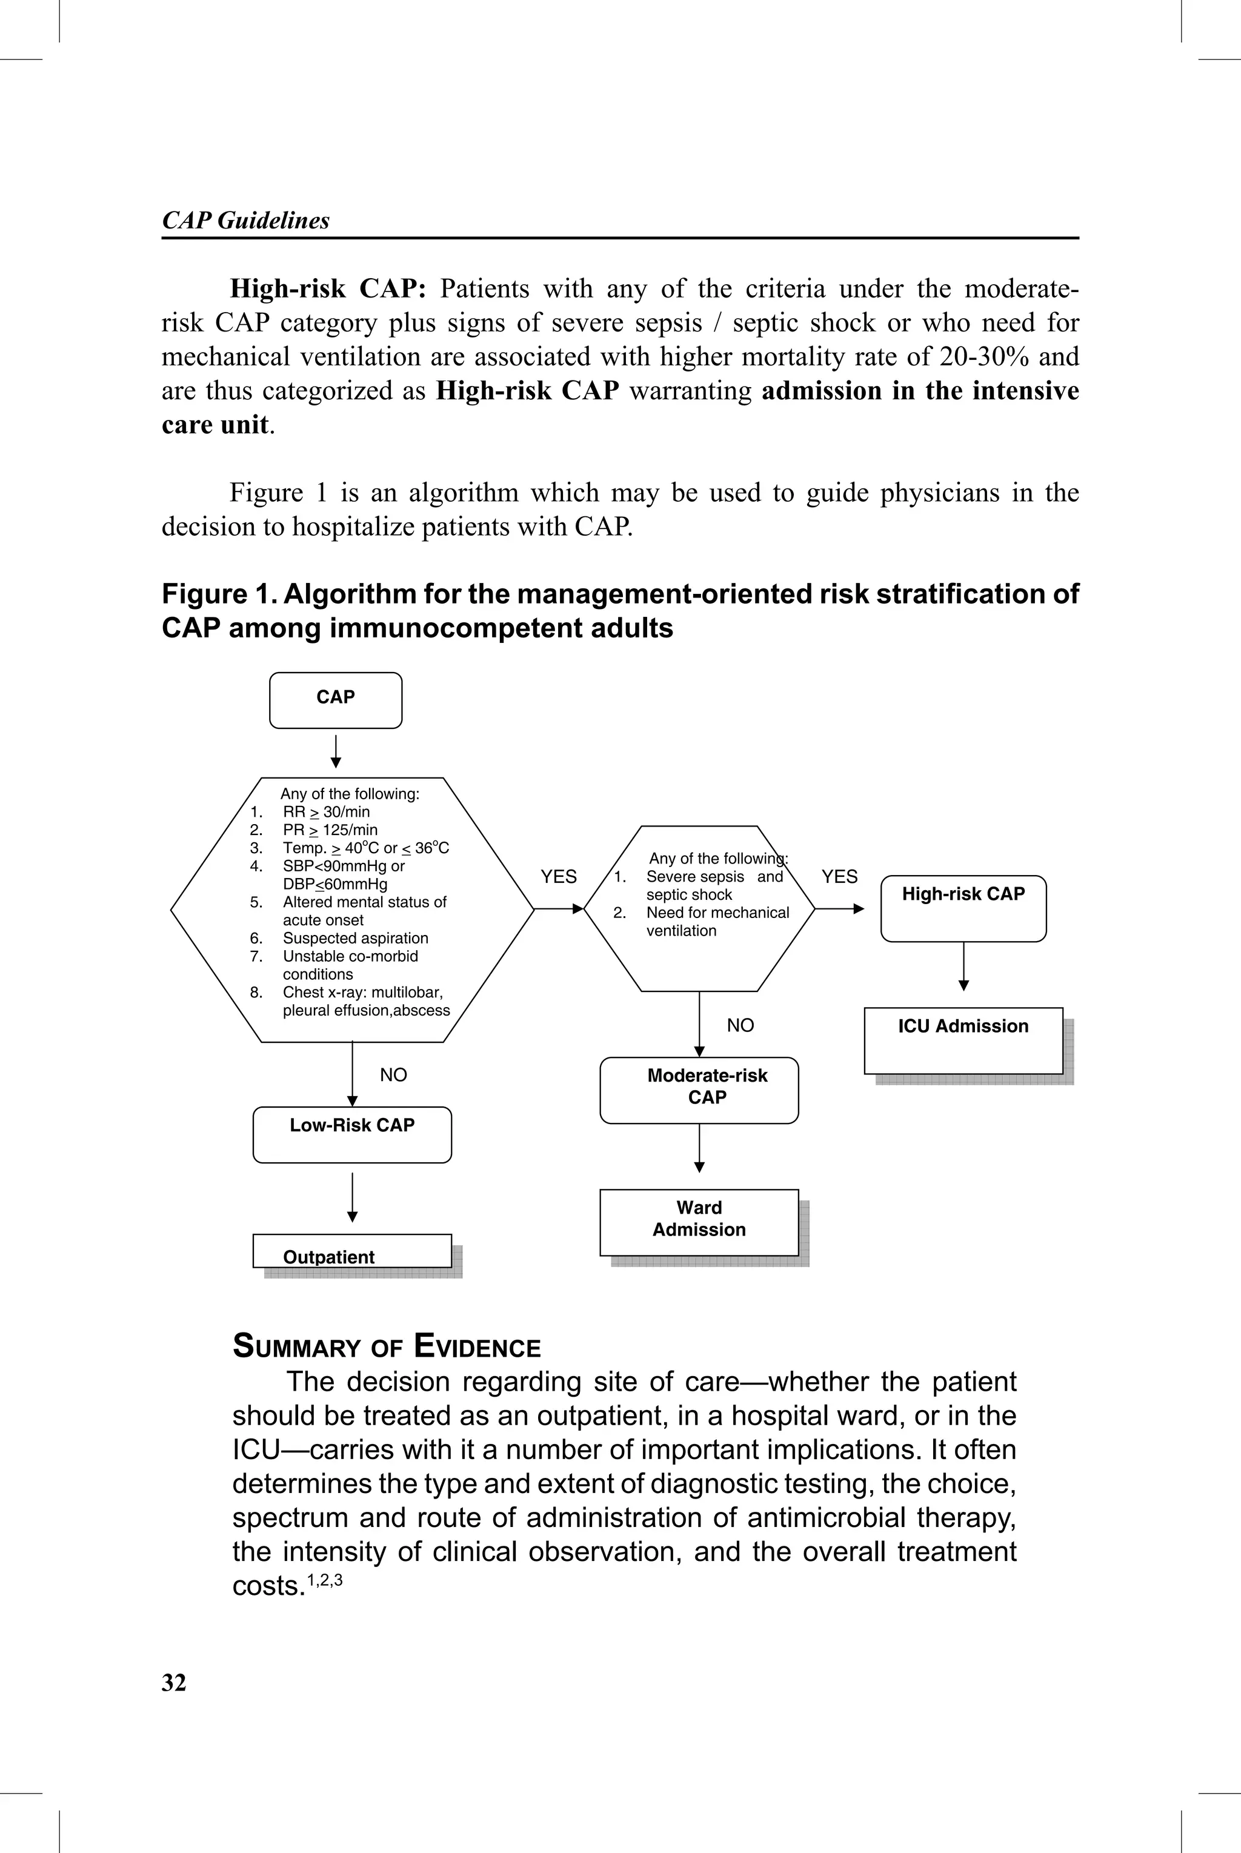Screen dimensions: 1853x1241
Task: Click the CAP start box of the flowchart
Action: (x=336, y=699)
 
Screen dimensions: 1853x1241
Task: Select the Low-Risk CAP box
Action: (x=352, y=1134)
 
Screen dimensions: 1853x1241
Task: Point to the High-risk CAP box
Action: (x=963, y=908)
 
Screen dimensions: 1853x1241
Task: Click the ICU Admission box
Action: (x=963, y=1040)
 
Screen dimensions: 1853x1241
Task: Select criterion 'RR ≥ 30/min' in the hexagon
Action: (x=326, y=812)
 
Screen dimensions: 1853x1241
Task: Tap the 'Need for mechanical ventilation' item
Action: (x=716, y=922)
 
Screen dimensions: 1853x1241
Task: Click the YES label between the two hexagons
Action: (x=559, y=877)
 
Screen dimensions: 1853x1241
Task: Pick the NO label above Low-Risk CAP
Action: (x=393, y=1074)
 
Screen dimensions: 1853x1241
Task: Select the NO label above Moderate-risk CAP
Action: (x=740, y=1025)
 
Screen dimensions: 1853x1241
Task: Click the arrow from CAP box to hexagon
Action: (x=336, y=751)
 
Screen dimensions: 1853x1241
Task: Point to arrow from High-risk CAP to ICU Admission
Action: (x=963, y=967)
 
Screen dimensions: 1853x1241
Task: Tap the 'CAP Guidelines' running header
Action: (x=245, y=220)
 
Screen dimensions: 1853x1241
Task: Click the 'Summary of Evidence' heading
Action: (x=386, y=1346)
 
